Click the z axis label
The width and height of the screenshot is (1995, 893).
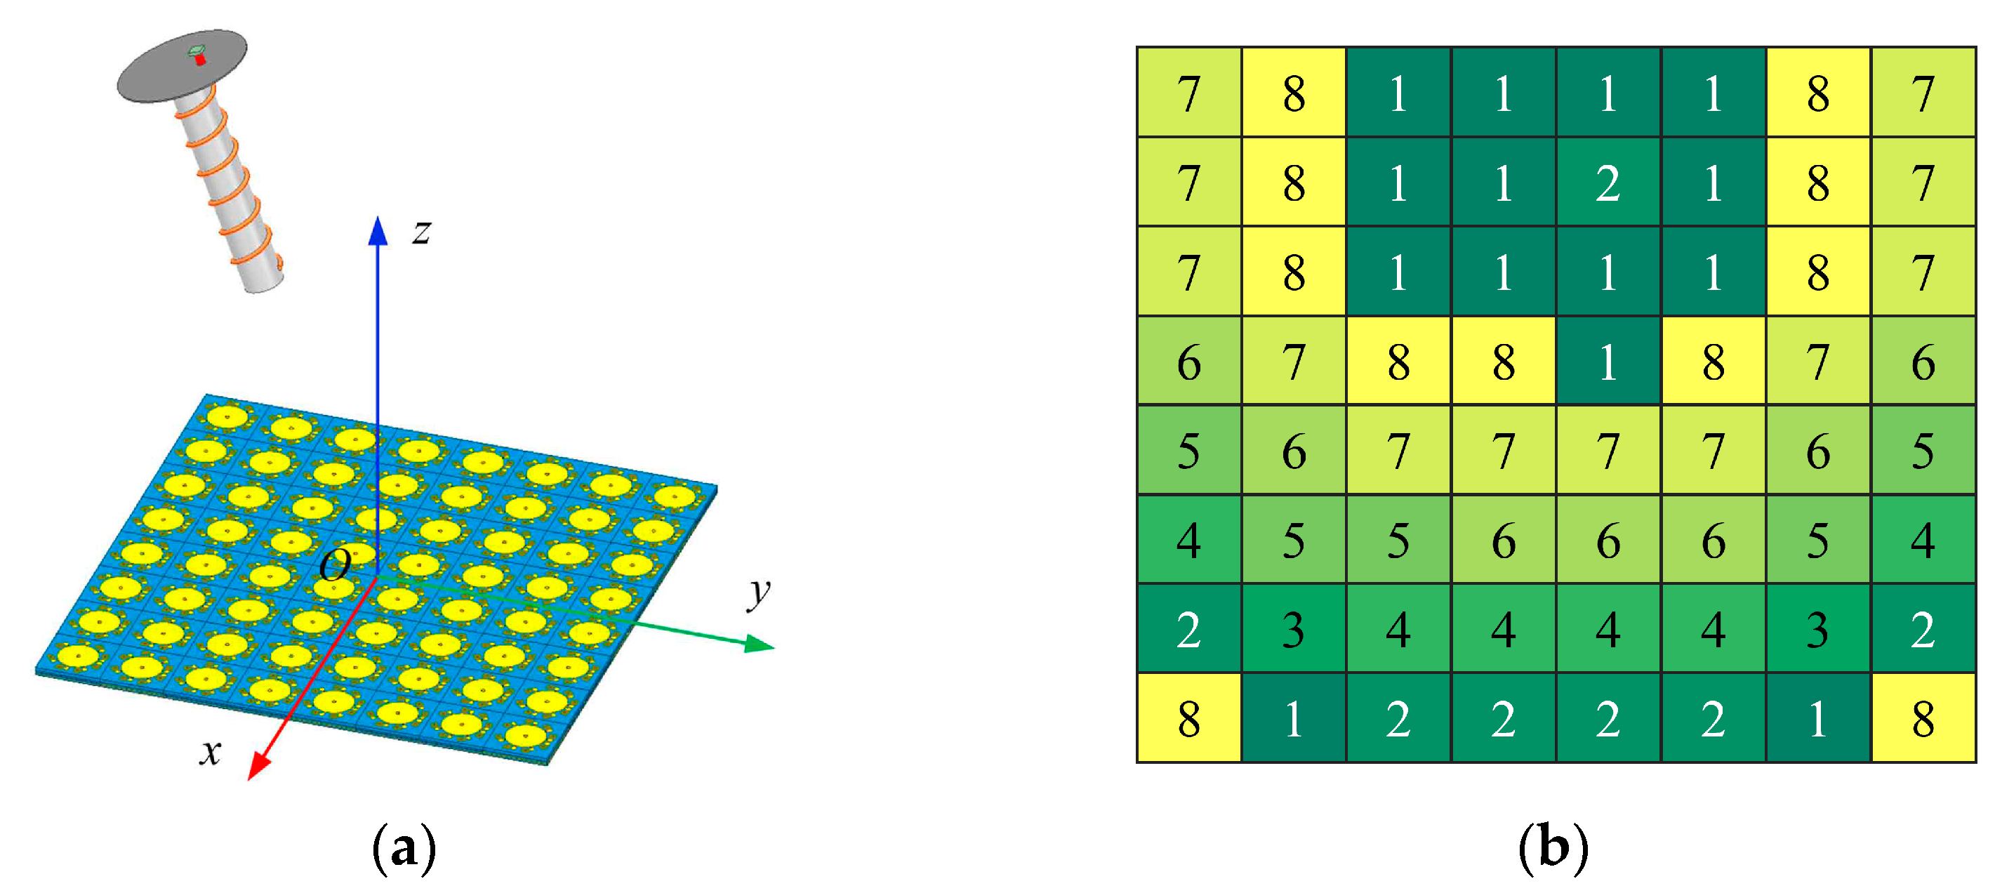[x=421, y=232]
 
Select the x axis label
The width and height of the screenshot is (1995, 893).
[x=211, y=751]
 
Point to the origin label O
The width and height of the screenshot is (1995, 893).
[x=335, y=565]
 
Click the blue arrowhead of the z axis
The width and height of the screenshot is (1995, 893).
[x=378, y=231]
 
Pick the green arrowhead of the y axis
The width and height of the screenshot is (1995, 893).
[x=759, y=644]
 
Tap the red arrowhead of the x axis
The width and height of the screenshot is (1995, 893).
[x=258, y=767]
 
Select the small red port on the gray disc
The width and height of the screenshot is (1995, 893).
[x=201, y=60]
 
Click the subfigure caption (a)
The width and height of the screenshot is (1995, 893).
[x=404, y=849]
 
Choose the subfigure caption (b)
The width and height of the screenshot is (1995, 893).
[x=1553, y=847]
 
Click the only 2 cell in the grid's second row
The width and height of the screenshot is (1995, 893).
[x=1608, y=183]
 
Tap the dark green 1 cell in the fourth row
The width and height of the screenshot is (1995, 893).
[x=1608, y=361]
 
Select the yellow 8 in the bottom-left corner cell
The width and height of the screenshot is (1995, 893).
[x=1189, y=719]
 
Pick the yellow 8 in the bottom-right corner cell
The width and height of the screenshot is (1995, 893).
[x=1923, y=719]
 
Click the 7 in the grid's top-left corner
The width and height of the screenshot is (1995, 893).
[x=1189, y=93]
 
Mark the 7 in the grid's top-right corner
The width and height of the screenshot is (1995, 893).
[x=1923, y=93]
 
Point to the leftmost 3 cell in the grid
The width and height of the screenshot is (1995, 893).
[x=1293, y=629]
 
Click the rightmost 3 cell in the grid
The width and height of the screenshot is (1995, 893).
[x=1817, y=629]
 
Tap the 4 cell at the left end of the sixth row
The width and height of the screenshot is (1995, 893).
[x=1189, y=540]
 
